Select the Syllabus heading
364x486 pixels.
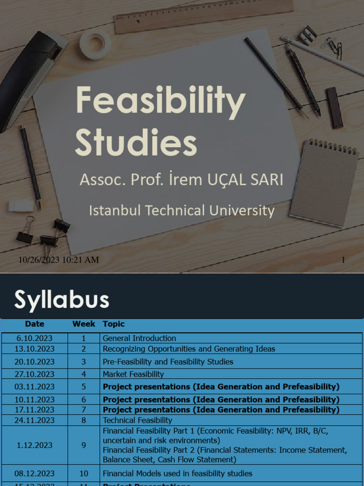pos(62,299)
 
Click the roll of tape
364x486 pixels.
pos(95,44)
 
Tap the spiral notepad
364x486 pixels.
pos(324,182)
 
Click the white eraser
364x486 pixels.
pos(21,206)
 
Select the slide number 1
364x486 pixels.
pos(343,260)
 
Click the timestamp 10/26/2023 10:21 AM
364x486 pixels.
pos(59,260)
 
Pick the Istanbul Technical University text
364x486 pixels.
pos(182,211)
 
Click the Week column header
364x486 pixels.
pos(84,324)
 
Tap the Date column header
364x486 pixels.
pos(35,324)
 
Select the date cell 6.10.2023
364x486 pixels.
pos(34,338)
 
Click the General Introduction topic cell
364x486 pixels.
pos(139,338)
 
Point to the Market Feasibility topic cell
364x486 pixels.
pos(133,374)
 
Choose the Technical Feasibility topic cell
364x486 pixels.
pos(137,420)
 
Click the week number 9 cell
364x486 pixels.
pos(84,445)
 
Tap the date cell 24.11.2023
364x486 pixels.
pos(34,420)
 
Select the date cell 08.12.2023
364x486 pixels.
pos(34,473)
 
